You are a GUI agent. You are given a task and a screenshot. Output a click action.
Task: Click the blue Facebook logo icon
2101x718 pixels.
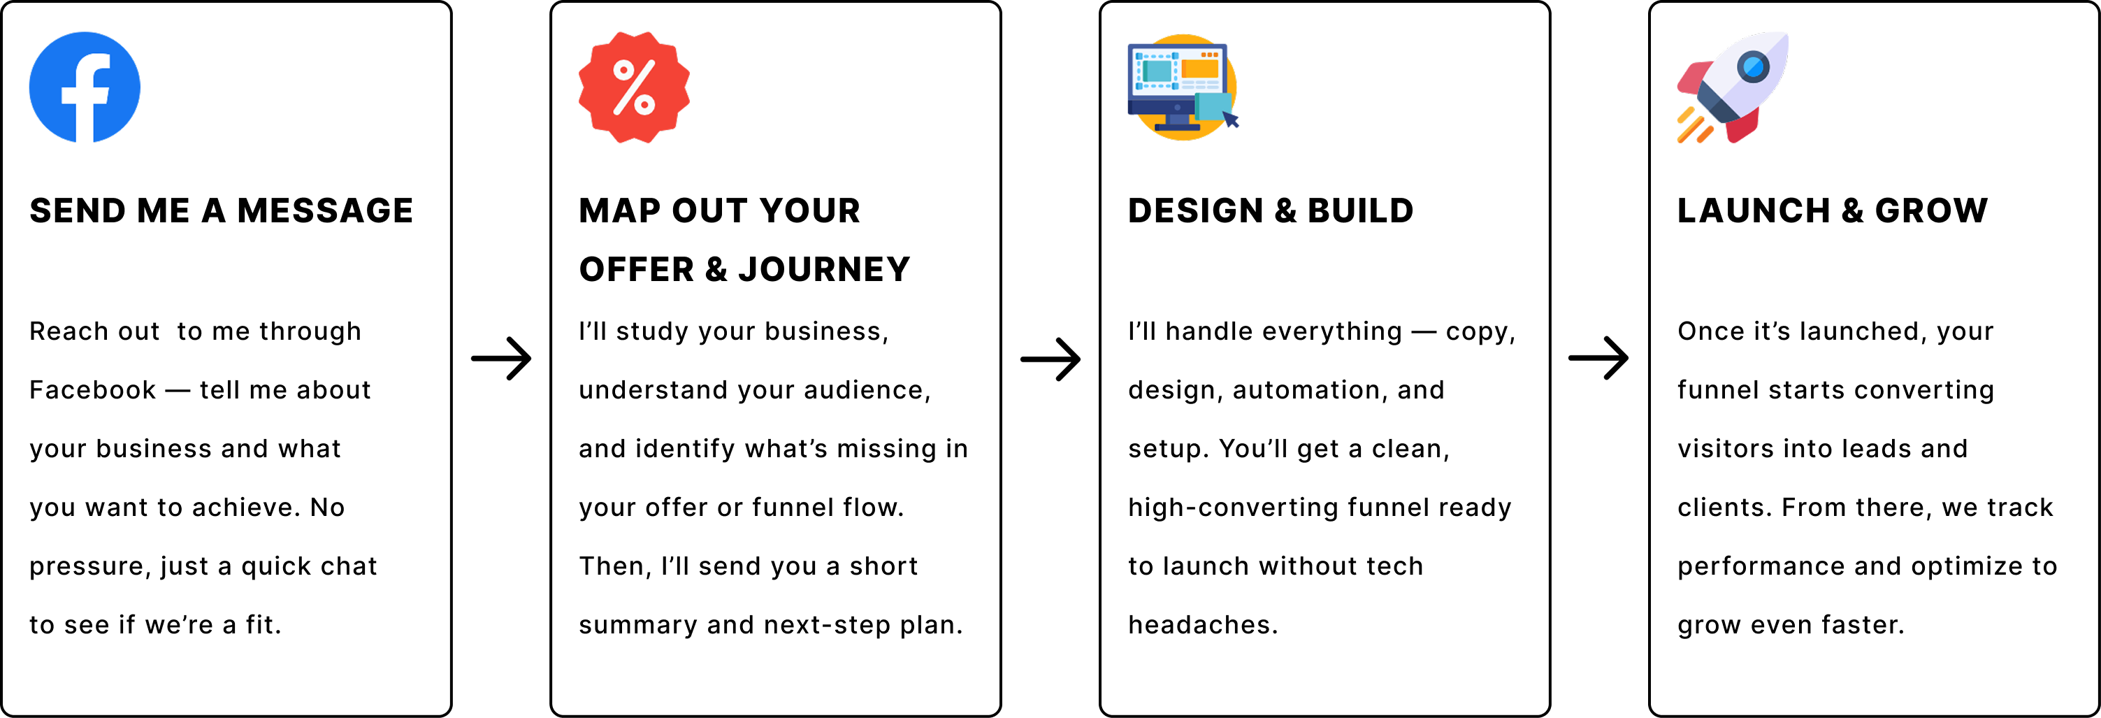pos(85,87)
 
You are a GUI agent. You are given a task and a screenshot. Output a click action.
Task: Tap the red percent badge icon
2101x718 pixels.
pos(634,87)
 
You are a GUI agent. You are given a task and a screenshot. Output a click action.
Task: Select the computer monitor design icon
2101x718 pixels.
pos(1183,87)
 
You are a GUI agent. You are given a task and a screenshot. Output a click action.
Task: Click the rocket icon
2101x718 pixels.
pos(1733,87)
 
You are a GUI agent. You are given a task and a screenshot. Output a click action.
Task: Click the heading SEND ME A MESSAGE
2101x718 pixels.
pos(222,210)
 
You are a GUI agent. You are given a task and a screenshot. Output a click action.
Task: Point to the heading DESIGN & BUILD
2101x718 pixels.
pos(1271,210)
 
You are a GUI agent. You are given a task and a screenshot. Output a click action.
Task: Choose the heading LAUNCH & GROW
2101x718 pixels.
pos(1833,210)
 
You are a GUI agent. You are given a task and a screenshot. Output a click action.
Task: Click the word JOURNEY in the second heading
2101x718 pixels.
pos(825,269)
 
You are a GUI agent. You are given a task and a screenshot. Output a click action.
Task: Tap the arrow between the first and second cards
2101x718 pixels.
pos(502,358)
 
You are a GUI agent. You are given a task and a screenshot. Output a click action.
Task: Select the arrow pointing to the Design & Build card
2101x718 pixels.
pos(1050,358)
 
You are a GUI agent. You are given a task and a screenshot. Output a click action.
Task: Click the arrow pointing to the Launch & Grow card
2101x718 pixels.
pos(1598,358)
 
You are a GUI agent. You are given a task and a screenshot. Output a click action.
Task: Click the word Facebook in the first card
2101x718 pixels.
pos(92,390)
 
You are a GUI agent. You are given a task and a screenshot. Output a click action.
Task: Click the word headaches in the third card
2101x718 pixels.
pos(1203,625)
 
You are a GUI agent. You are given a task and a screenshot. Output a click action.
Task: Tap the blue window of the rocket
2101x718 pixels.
pos(1753,66)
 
